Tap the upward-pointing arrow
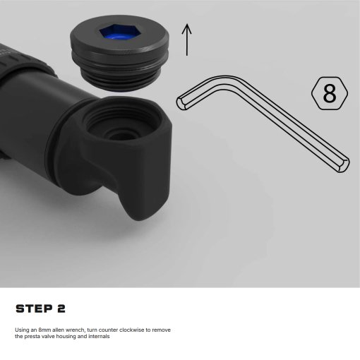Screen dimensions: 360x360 (x=187, y=40)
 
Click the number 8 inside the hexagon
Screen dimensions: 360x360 (x=330, y=93)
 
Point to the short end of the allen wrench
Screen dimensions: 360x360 (x=181, y=104)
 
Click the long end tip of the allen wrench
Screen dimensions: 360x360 (x=344, y=165)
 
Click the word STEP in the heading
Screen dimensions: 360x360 (x=34, y=308)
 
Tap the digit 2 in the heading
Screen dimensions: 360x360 (x=61, y=308)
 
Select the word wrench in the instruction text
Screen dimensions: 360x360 (x=75, y=330)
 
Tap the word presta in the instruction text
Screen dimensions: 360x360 (x=32, y=337)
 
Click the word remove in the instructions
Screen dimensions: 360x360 (x=161, y=330)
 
